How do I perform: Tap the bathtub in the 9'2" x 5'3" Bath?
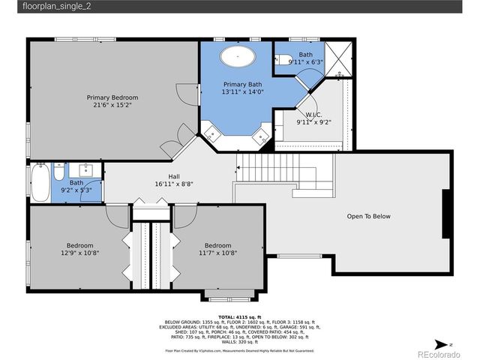pyautogui.click(x=39, y=182)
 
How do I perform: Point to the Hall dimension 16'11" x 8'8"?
pyautogui.click(x=174, y=183)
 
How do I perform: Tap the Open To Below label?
pyautogui.click(x=368, y=217)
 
